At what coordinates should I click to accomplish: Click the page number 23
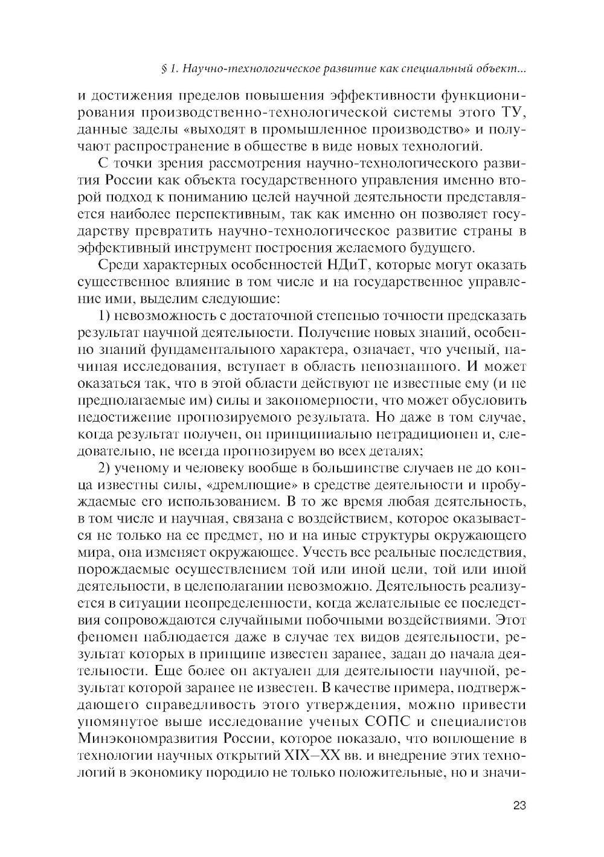point(519,804)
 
